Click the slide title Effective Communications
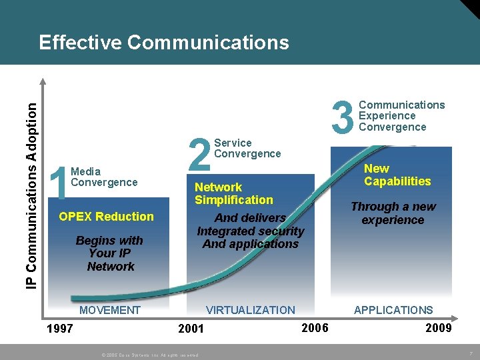pos(164,43)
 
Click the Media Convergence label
pos(103,177)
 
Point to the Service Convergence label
pos(247,148)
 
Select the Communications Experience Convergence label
pos(401,116)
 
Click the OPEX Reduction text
pos(106,216)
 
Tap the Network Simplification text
pos(233,193)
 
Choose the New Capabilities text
pos(397,175)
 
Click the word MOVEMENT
pos(110,310)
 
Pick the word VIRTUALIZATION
pos(250,310)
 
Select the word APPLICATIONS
pos(393,310)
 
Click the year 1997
pos(59,328)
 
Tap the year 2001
pos(191,328)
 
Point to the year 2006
pos(315,327)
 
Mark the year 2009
pos(438,327)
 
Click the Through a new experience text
pos(393,213)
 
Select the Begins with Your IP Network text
pos(110,253)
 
